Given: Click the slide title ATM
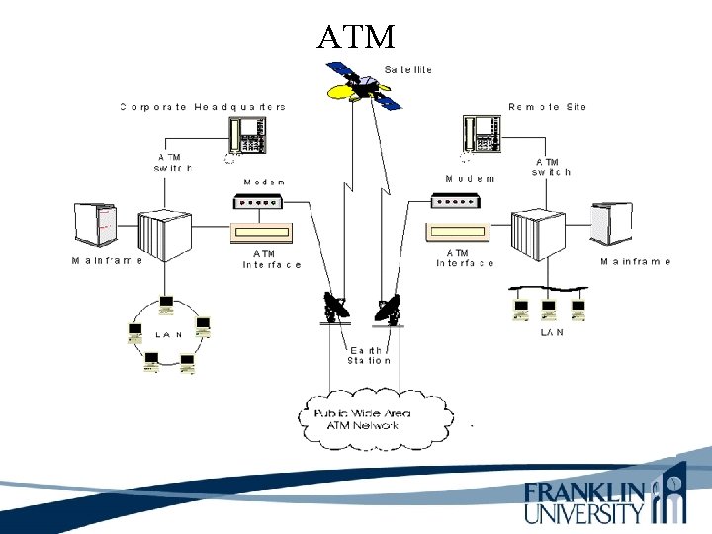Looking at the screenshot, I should (356, 37).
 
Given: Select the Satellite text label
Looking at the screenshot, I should (408, 70).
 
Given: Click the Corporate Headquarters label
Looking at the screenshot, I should (203, 107).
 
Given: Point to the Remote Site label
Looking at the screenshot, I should (547, 107).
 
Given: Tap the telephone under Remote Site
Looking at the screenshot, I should (481, 135).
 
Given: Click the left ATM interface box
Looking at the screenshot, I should (262, 233).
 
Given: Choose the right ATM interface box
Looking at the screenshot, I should (458, 233).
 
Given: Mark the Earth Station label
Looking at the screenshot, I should (368, 355).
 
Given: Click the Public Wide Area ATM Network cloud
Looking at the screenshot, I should (376, 418).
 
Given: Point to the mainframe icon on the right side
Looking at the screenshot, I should (610, 223).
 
